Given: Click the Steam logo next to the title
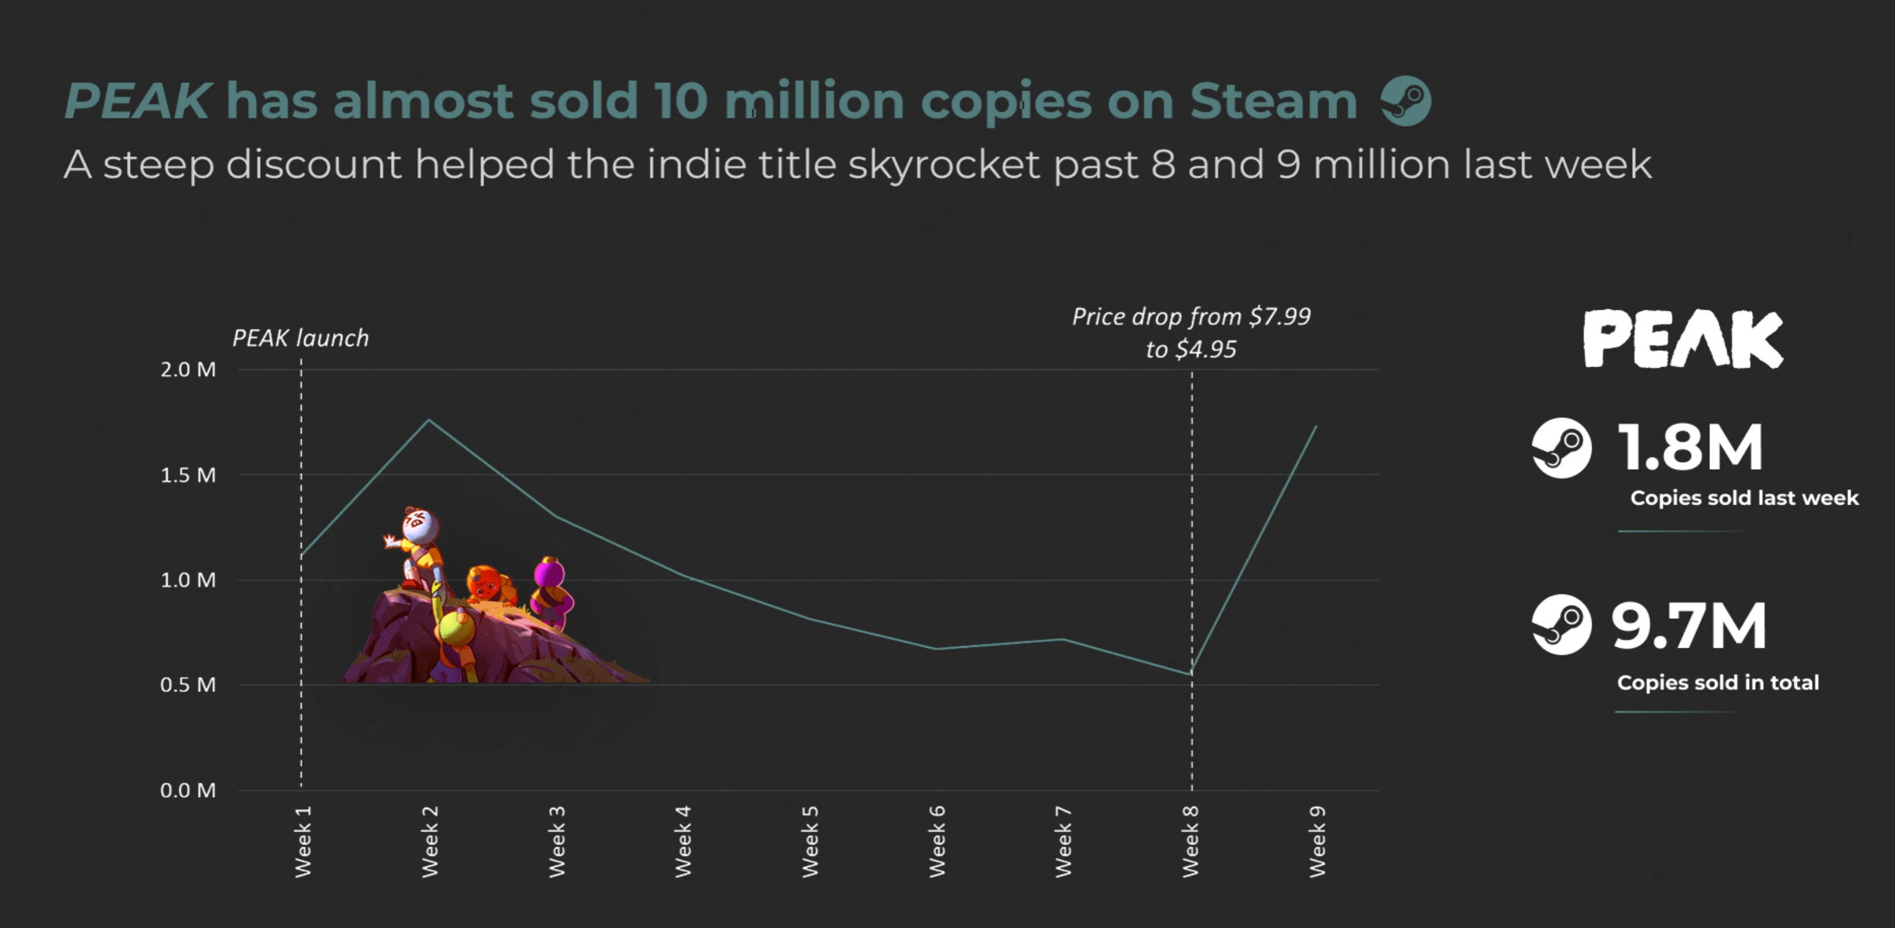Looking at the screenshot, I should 1406,101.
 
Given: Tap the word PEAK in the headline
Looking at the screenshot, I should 138,101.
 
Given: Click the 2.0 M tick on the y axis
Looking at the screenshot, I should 189,369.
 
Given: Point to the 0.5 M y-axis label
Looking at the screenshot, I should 189,684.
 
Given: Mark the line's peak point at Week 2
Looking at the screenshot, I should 429,420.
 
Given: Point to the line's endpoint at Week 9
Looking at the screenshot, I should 1316,426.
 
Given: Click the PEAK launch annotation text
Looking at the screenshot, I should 300,338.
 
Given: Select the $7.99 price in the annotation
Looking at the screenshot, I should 1280,316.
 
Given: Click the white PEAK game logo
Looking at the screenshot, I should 1683,339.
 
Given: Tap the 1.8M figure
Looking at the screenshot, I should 1690,447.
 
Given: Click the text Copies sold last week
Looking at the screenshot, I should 1744,498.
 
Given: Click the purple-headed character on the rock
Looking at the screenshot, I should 549,574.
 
